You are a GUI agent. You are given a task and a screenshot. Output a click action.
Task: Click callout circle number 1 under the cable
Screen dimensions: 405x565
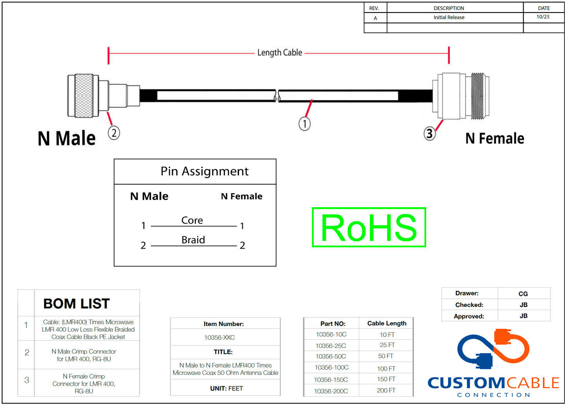[x=305, y=124]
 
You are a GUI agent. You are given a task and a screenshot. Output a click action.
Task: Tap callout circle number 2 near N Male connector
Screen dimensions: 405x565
[x=114, y=133]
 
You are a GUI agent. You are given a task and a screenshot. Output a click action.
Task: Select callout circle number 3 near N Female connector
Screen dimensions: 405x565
[x=429, y=134]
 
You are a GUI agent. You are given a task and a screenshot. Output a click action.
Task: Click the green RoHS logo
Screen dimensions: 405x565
[x=369, y=228]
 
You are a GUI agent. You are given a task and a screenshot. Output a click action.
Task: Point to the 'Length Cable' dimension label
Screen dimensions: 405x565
[x=280, y=53]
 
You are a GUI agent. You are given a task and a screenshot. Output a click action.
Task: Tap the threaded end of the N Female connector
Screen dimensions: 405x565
[x=480, y=96]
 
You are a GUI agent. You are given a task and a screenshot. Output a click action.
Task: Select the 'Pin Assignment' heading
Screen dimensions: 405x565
[x=204, y=171]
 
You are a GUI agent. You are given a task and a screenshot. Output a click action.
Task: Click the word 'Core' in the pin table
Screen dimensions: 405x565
[x=192, y=220]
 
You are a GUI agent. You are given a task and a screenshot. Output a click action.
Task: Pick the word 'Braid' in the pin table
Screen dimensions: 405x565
[x=193, y=240]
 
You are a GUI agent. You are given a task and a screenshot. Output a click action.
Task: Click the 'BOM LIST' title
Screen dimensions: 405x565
[x=77, y=304]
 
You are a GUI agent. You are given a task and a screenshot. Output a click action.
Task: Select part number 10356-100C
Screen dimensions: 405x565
[x=332, y=368]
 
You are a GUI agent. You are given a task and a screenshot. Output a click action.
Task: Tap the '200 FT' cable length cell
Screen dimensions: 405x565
[x=386, y=391]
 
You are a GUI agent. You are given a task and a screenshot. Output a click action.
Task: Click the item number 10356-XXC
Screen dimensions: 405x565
[x=219, y=337]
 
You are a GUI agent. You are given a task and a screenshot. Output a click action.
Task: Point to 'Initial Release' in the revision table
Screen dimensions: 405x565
[x=449, y=18]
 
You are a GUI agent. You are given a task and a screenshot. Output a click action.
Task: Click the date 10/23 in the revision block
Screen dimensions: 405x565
[x=543, y=17]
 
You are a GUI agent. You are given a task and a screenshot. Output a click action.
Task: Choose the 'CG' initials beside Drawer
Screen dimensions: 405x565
[x=523, y=294]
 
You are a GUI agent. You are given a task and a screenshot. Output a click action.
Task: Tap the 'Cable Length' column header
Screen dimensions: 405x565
[x=387, y=323]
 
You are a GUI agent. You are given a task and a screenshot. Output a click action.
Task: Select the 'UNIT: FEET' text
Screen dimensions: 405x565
[x=226, y=389]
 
